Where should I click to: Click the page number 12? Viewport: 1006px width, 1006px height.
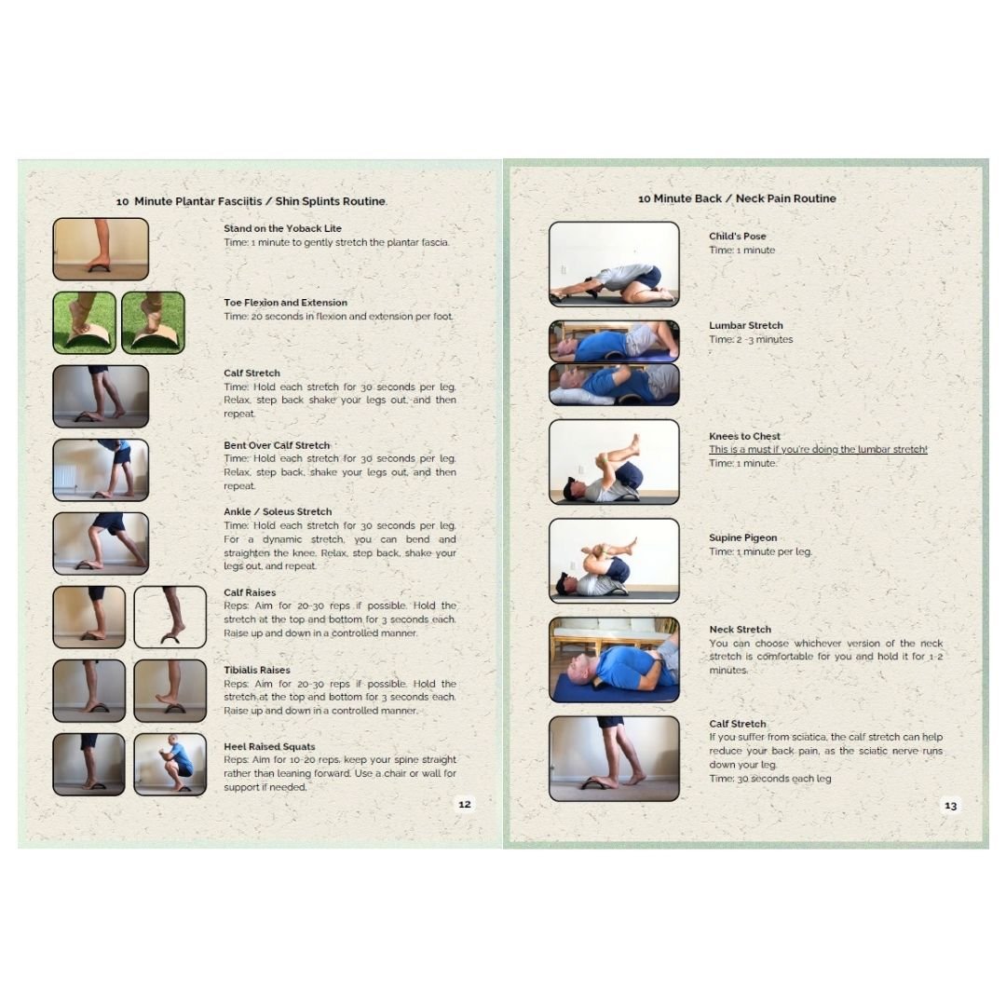pyautogui.click(x=465, y=804)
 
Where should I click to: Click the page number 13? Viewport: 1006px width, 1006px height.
pyautogui.click(x=950, y=805)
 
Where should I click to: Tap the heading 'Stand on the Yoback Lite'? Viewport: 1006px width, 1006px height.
pyautogui.click(x=282, y=228)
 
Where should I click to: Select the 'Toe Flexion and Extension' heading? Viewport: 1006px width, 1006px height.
pyautogui.click(x=286, y=303)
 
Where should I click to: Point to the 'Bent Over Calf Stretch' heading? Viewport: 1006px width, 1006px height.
pyautogui.click(x=277, y=445)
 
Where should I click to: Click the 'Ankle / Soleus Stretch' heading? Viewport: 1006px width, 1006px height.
pyautogui.click(x=278, y=512)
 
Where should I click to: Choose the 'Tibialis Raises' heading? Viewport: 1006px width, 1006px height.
pyautogui.click(x=257, y=670)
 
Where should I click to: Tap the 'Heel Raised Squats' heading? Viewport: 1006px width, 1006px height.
pyautogui.click(x=269, y=747)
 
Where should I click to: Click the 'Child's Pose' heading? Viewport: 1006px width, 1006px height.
pyautogui.click(x=737, y=236)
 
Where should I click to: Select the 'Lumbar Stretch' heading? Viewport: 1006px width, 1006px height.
pyautogui.click(x=745, y=325)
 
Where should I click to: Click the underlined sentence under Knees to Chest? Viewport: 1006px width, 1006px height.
pyautogui.click(x=818, y=449)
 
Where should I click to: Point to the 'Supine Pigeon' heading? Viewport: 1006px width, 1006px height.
pyautogui.click(x=743, y=537)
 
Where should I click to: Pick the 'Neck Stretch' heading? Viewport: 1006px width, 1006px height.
pyautogui.click(x=740, y=630)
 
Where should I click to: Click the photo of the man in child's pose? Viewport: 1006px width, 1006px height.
pyautogui.click(x=614, y=265)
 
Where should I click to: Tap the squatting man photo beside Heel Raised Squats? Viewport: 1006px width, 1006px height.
pyautogui.click(x=170, y=765)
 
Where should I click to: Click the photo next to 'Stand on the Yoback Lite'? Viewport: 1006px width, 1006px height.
pyautogui.click(x=101, y=249)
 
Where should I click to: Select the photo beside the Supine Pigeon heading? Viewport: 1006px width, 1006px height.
pyautogui.click(x=614, y=561)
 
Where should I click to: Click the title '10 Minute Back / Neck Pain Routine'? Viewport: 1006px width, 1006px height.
pyautogui.click(x=737, y=199)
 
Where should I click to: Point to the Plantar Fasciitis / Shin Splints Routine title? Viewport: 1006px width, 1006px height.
pyautogui.click(x=251, y=201)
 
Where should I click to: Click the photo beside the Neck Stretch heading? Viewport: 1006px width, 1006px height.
pyautogui.click(x=614, y=659)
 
